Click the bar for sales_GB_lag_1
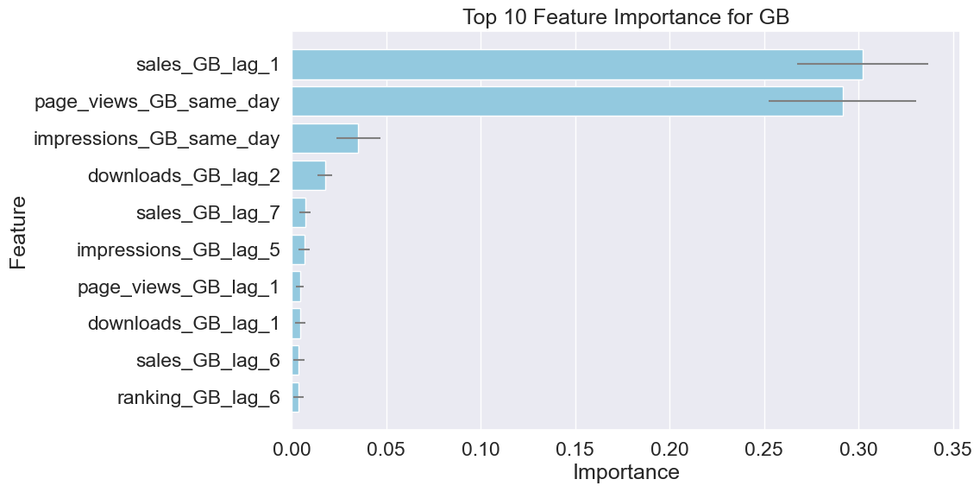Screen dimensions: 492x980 pos(543,65)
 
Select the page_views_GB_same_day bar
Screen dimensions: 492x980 pos(535,101)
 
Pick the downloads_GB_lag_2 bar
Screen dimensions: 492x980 pos(308,175)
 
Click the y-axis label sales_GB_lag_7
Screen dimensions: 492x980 pos(208,213)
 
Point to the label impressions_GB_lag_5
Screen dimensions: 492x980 pos(179,250)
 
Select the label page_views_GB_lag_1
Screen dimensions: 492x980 pos(179,287)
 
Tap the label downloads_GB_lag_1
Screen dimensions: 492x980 pos(184,324)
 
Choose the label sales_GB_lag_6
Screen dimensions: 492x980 pos(208,361)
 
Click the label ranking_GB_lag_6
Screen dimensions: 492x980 pos(198,398)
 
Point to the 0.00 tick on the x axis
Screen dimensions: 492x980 pos(292,449)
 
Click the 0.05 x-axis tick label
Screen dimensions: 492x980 pos(387,449)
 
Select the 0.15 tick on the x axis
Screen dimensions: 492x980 pos(575,449)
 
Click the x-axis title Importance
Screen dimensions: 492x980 pos(625,473)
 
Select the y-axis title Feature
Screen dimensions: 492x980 pos(19,232)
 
